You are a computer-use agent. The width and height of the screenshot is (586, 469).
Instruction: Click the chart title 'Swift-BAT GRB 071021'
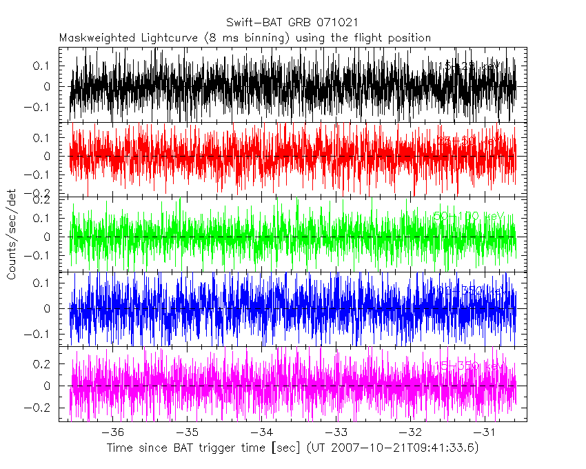(x=292, y=23)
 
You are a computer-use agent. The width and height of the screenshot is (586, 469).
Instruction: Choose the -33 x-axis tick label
(x=338, y=432)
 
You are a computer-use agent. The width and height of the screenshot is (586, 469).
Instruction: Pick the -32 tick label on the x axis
(x=413, y=432)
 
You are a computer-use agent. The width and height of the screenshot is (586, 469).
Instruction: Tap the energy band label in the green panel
(x=470, y=217)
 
